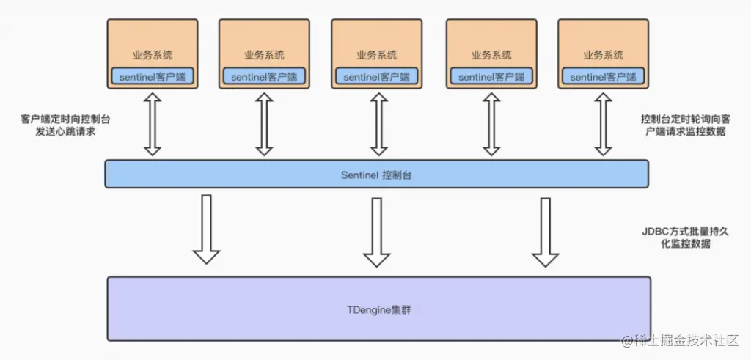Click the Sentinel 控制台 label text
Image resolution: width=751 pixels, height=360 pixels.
pyautogui.click(x=376, y=175)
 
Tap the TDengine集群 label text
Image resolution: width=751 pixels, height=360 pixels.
pyautogui.click(x=378, y=309)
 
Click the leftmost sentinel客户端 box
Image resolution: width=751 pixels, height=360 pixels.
pyautogui.click(x=153, y=76)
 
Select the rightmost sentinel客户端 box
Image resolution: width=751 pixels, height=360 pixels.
pyautogui.click(x=604, y=76)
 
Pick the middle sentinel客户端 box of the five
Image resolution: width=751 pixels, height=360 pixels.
pyautogui.click(x=377, y=76)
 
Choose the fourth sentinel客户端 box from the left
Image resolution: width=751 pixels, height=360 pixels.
pyautogui.click(x=491, y=76)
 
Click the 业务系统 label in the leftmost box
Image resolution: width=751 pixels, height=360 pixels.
pyautogui.click(x=153, y=55)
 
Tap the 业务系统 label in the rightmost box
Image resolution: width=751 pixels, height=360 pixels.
pyautogui.click(x=604, y=55)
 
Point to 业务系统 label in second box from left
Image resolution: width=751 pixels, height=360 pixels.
pyautogui.click(x=264, y=55)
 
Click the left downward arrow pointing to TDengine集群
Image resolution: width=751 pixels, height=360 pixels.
pyautogui.click(x=206, y=229)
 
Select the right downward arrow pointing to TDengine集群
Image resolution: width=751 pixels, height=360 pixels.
pyautogui.click(x=545, y=230)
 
